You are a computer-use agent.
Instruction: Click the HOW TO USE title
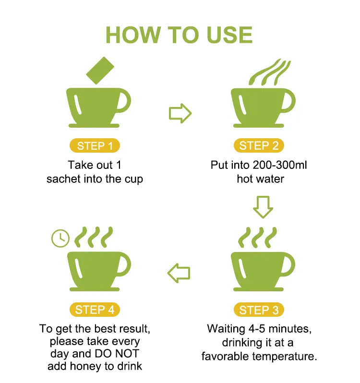coord(179,35)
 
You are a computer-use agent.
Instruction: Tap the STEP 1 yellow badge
coord(95,146)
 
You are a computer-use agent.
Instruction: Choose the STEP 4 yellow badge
coord(95,310)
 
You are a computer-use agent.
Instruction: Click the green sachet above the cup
coord(99,71)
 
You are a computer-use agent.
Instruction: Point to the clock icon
coord(60,238)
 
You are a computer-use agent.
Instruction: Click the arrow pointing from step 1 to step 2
coord(180,114)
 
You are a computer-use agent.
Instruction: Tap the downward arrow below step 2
coord(263,207)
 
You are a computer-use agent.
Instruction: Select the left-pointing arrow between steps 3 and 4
coord(179,273)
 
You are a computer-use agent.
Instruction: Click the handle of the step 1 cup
coord(124,102)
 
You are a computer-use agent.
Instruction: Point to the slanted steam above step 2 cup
coord(270,72)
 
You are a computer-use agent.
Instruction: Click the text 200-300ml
coord(280,166)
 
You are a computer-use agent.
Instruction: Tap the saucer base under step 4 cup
coord(94,289)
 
